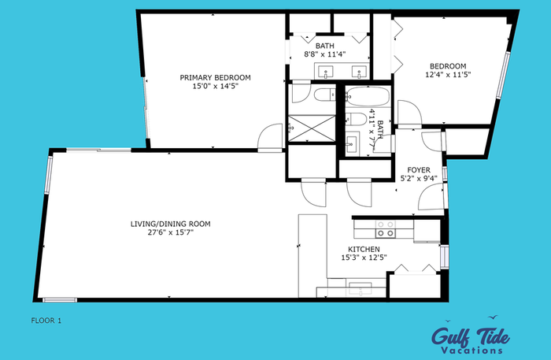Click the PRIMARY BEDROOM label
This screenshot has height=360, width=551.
tap(215, 78)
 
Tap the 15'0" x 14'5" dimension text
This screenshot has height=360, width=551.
tap(215, 86)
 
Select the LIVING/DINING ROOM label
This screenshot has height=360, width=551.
tap(171, 224)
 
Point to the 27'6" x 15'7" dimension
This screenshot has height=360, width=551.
tap(171, 232)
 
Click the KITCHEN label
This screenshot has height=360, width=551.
tap(364, 249)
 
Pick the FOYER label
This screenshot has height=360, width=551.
tap(419, 170)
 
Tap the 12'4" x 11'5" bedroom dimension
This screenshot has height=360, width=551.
tap(448, 75)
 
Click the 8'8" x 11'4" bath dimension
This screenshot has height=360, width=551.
tap(324, 54)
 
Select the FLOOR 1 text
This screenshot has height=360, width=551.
tap(46, 321)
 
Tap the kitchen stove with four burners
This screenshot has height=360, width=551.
tap(386, 228)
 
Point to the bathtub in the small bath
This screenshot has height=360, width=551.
tap(368, 96)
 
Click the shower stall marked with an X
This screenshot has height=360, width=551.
tap(312, 128)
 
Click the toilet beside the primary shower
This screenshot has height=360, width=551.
tap(324, 95)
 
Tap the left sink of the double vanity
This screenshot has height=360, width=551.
tap(325, 72)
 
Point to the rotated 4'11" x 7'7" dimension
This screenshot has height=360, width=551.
tap(375, 132)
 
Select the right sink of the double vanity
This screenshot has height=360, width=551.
tap(359, 72)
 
